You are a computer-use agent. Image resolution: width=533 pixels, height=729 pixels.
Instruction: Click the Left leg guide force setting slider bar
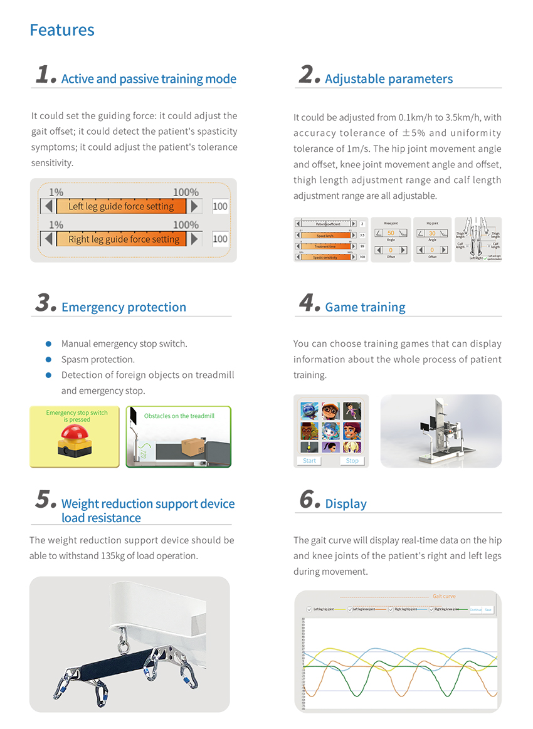point(120,206)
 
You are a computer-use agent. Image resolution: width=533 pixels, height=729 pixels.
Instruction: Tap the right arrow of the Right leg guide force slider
point(195,239)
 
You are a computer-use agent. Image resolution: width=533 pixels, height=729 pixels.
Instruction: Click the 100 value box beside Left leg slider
point(220,206)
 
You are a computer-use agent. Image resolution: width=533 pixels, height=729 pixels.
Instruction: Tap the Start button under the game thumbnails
point(309,460)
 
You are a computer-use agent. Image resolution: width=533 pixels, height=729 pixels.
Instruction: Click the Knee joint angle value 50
point(390,233)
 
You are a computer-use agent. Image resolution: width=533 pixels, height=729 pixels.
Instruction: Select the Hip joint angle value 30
point(432,233)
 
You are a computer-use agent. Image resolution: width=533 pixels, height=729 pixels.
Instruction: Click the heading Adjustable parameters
point(389,79)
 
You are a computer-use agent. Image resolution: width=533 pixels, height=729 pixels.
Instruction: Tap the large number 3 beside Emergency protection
point(46,303)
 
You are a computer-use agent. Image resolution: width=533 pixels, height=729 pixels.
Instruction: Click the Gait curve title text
point(445,596)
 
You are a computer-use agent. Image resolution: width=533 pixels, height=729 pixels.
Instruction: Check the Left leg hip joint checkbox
point(309,609)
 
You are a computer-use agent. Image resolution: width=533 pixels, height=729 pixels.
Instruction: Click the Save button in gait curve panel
point(488,609)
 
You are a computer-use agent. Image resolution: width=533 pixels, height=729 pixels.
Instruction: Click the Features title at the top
point(62,30)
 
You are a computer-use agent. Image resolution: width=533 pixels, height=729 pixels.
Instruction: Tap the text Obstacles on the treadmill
point(179,416)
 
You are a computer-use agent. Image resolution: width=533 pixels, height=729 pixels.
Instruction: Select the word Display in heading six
point(346,504)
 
